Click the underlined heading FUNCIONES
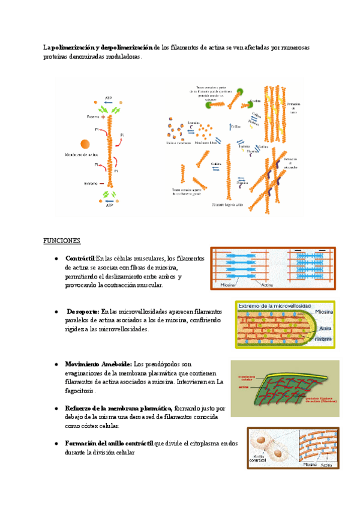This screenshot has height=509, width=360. [61, 241]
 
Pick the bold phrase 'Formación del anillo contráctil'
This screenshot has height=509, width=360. [109, 444]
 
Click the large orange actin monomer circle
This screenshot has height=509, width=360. [85, 143]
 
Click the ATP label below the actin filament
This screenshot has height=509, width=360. [109, 205]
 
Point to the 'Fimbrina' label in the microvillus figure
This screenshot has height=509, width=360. [325, 338]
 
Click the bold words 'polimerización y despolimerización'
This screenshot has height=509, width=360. [102, 47]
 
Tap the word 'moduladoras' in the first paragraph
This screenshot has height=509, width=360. [122, 56]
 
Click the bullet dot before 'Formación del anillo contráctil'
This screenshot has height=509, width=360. [55, 444]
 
